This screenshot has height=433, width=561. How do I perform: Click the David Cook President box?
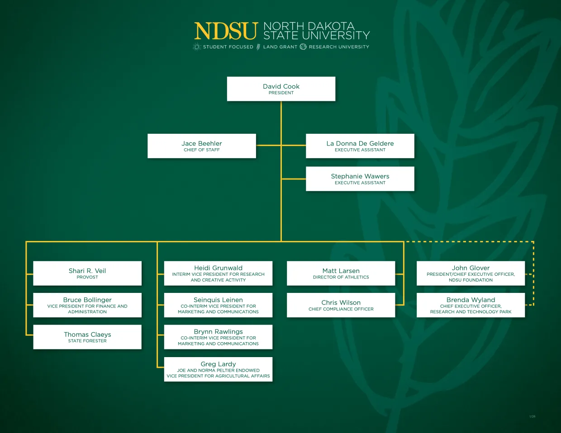pos(281,89)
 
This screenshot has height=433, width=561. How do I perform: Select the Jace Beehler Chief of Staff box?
pos(202,146)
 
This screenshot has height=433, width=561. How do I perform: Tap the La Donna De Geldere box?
pos(360,146)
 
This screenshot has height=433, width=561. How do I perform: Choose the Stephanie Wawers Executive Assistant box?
pos(360,179)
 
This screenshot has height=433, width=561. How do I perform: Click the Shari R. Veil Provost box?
pos(87,273)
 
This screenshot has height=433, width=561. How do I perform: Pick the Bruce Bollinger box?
pos(87,305)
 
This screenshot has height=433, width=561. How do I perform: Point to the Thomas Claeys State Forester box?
pos(87,337)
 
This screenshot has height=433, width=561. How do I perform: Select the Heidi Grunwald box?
pos(218,273)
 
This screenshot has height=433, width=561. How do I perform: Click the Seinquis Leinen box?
pos(218,305)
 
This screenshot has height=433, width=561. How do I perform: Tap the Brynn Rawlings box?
pos(218,337)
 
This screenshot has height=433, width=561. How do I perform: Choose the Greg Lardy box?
pos(218,369)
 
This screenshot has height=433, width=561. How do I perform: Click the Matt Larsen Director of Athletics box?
pos(341,273)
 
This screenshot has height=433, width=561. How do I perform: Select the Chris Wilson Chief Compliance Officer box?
pos(341,305)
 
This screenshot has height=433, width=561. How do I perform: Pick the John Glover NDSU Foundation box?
pos(471,273)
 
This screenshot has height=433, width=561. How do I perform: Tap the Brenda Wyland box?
pos(471,305)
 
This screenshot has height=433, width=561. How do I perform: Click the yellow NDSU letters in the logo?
pos(226,31)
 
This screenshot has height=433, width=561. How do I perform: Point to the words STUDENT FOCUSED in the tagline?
pos(228,47)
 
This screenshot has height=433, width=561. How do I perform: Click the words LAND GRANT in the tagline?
pos(280,47)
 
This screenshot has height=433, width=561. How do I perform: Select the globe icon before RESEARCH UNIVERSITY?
pos(303,47)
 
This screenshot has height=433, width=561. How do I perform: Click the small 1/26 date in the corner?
pos(532,416)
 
